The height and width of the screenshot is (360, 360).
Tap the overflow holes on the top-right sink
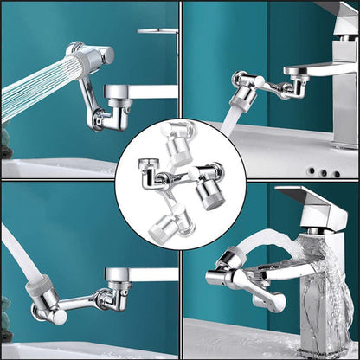click(x=324, y=172)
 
